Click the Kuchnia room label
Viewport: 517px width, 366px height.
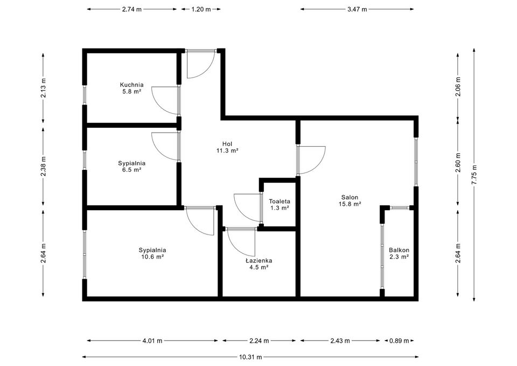[x=131, y=88]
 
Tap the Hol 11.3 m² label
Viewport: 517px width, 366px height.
[x=227, y=147]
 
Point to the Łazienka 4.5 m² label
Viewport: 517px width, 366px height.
[x=258, y=264]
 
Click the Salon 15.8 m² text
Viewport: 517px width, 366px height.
[x=349, y=201]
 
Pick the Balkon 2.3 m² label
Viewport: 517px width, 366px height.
[x=399, y=253]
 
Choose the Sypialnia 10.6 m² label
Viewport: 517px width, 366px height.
[x=152, y=253]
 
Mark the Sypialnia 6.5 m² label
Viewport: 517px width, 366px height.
[x=131, y=166]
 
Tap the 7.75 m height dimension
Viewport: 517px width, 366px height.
[x=474, y=175]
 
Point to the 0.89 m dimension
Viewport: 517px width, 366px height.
[x=399, y=341]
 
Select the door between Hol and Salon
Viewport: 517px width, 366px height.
[x=311, y=160]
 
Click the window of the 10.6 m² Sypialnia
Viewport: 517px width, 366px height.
[x=85, y=254]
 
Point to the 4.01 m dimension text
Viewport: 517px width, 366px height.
[x=152, y=341]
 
